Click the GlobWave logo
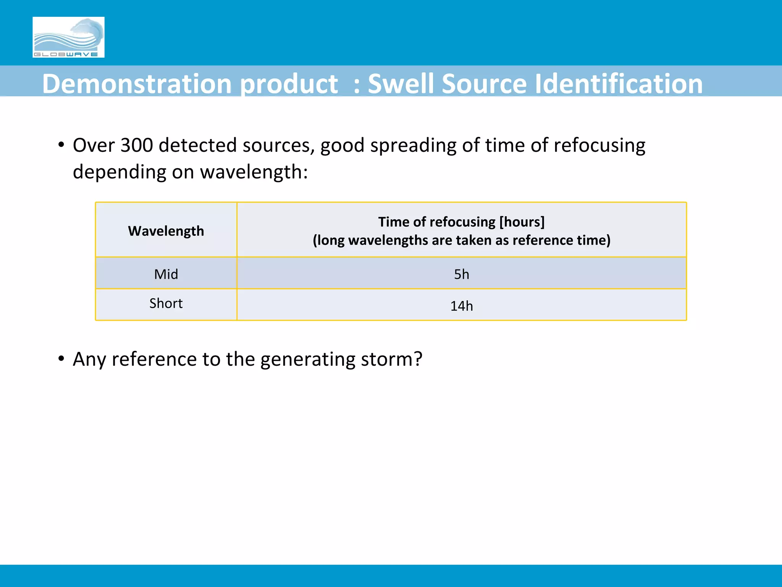tap(68, 37)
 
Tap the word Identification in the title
tap(618, 84)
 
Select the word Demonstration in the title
tap(137, 84)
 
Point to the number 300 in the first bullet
tap(136, 146)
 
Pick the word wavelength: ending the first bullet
tap(254, 172)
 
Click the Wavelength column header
tap(166, 231)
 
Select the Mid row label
tap(166, 274)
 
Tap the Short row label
tap(166, 303)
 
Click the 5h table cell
tap(461, 274)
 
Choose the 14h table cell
tap(461, 306)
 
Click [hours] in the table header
tap(522, 222)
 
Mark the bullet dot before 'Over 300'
tap(61, 146)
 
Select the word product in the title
tap(289, 84)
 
